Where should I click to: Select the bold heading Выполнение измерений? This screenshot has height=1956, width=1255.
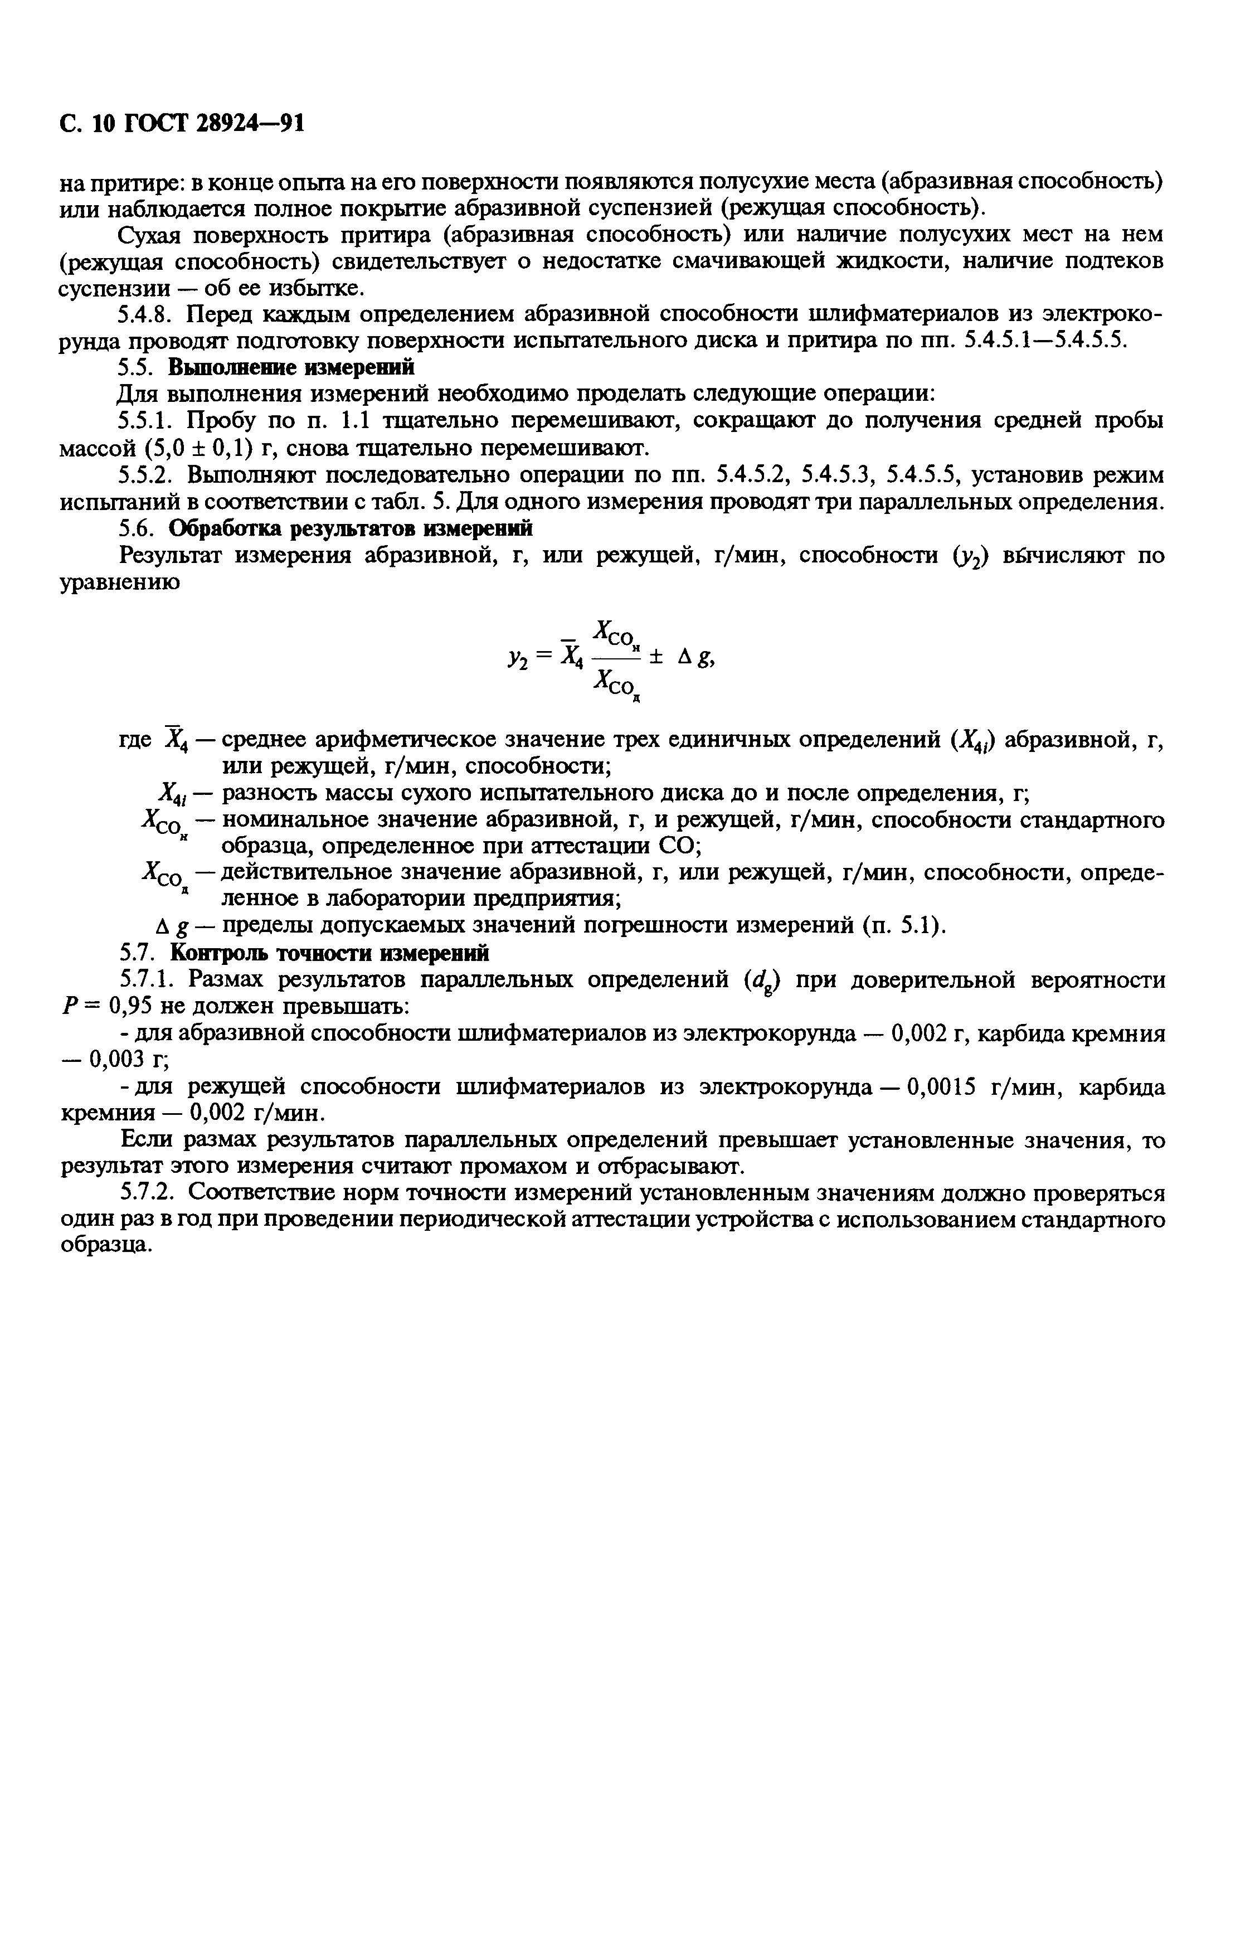tap(291, 367)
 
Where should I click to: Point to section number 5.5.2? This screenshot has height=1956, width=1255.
tap(149, 475)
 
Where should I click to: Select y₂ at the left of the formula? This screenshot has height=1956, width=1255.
tap(518, 656)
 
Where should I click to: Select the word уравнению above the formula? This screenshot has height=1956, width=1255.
tap(119, 584)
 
